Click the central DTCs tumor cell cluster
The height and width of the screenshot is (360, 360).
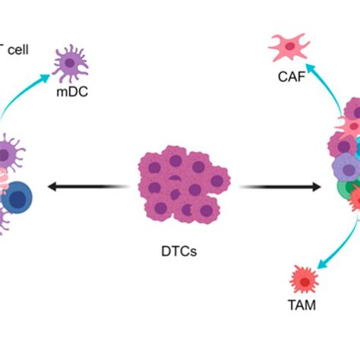[178, 185]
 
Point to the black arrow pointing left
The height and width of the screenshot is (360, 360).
[84, 186]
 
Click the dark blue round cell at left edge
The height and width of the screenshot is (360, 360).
[17, 200]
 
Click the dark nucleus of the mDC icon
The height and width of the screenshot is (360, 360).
[74, 64]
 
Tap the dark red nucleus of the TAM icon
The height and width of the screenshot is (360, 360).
[306, 282]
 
